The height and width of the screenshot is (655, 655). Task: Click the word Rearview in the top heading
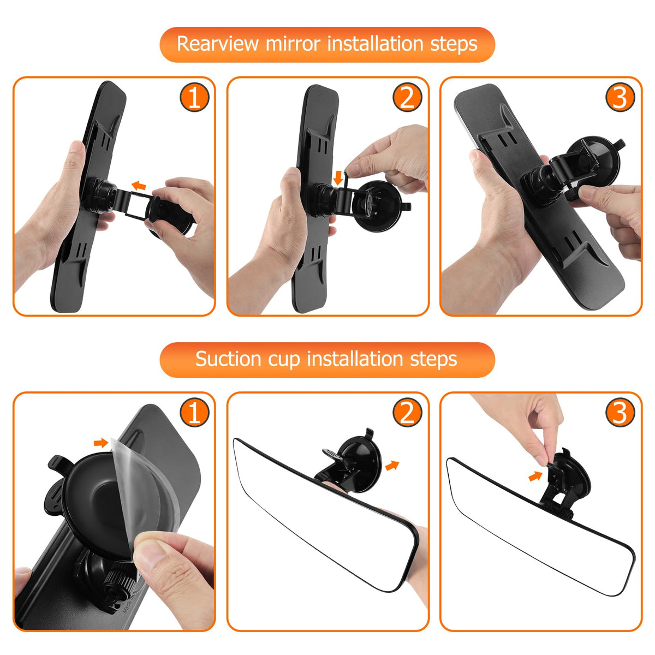click(218, 44)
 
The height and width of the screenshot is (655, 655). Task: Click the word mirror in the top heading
click(293, 44)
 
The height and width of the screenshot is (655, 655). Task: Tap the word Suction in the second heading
click(228, 359)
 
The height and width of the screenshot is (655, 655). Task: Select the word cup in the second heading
click(284, 361)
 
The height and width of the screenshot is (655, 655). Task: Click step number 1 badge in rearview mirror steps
click(194, 98)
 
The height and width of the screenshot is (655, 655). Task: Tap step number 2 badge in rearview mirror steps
click(407, 98)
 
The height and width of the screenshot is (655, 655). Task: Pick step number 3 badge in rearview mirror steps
click(620, 98)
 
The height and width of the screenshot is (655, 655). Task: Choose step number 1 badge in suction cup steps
click(194, 413)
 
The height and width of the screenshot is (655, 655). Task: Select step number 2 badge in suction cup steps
click(407, 413)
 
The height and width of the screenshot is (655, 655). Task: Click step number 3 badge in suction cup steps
click(620, 413)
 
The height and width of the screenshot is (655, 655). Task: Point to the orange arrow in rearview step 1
click(139, 186)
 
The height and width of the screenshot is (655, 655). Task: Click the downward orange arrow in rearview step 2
click(338, 178)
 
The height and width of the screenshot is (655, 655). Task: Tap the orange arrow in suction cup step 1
click(101, 443)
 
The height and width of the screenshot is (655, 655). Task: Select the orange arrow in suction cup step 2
click(392, 466)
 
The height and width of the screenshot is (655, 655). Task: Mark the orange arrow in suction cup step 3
click(535, 476)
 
